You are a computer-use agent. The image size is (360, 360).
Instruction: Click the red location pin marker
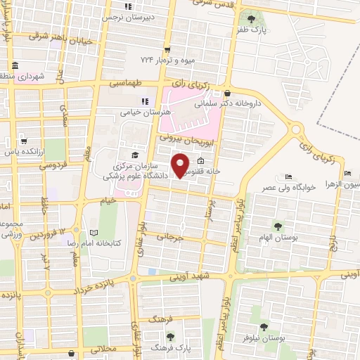pyautogui.click(x=181, y=164)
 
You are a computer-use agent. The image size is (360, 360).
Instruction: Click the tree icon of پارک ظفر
pyautogui.click(x=251, y=18)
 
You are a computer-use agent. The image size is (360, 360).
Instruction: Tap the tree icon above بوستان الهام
pyautogui.click(x=278, y=227)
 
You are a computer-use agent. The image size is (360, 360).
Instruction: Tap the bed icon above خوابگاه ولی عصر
pyautogui.click(x=288, y=177)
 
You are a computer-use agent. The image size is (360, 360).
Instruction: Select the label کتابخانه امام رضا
pyautogui.click(x=94, y=243)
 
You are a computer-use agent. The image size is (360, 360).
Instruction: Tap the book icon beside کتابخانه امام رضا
pyautogui.click(x=94, y=231)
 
